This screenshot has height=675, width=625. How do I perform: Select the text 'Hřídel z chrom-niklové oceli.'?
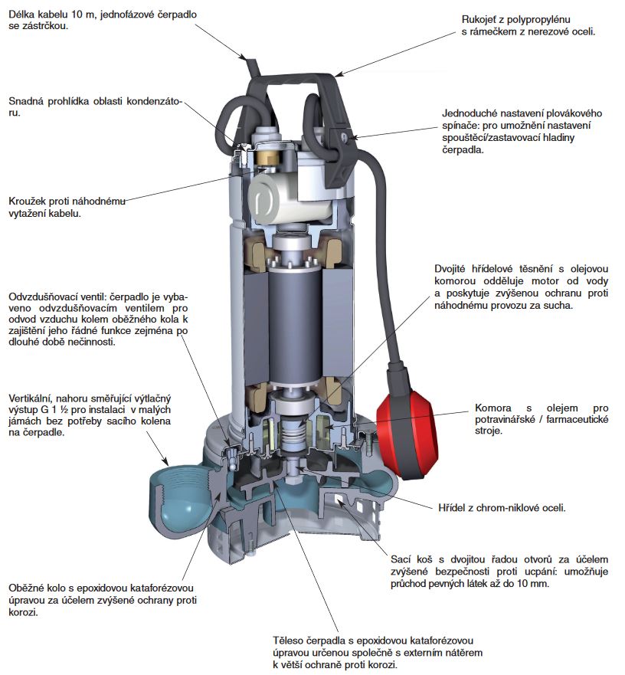pos(501,507)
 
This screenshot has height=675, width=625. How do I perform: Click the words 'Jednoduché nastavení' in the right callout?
pos(496,111)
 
